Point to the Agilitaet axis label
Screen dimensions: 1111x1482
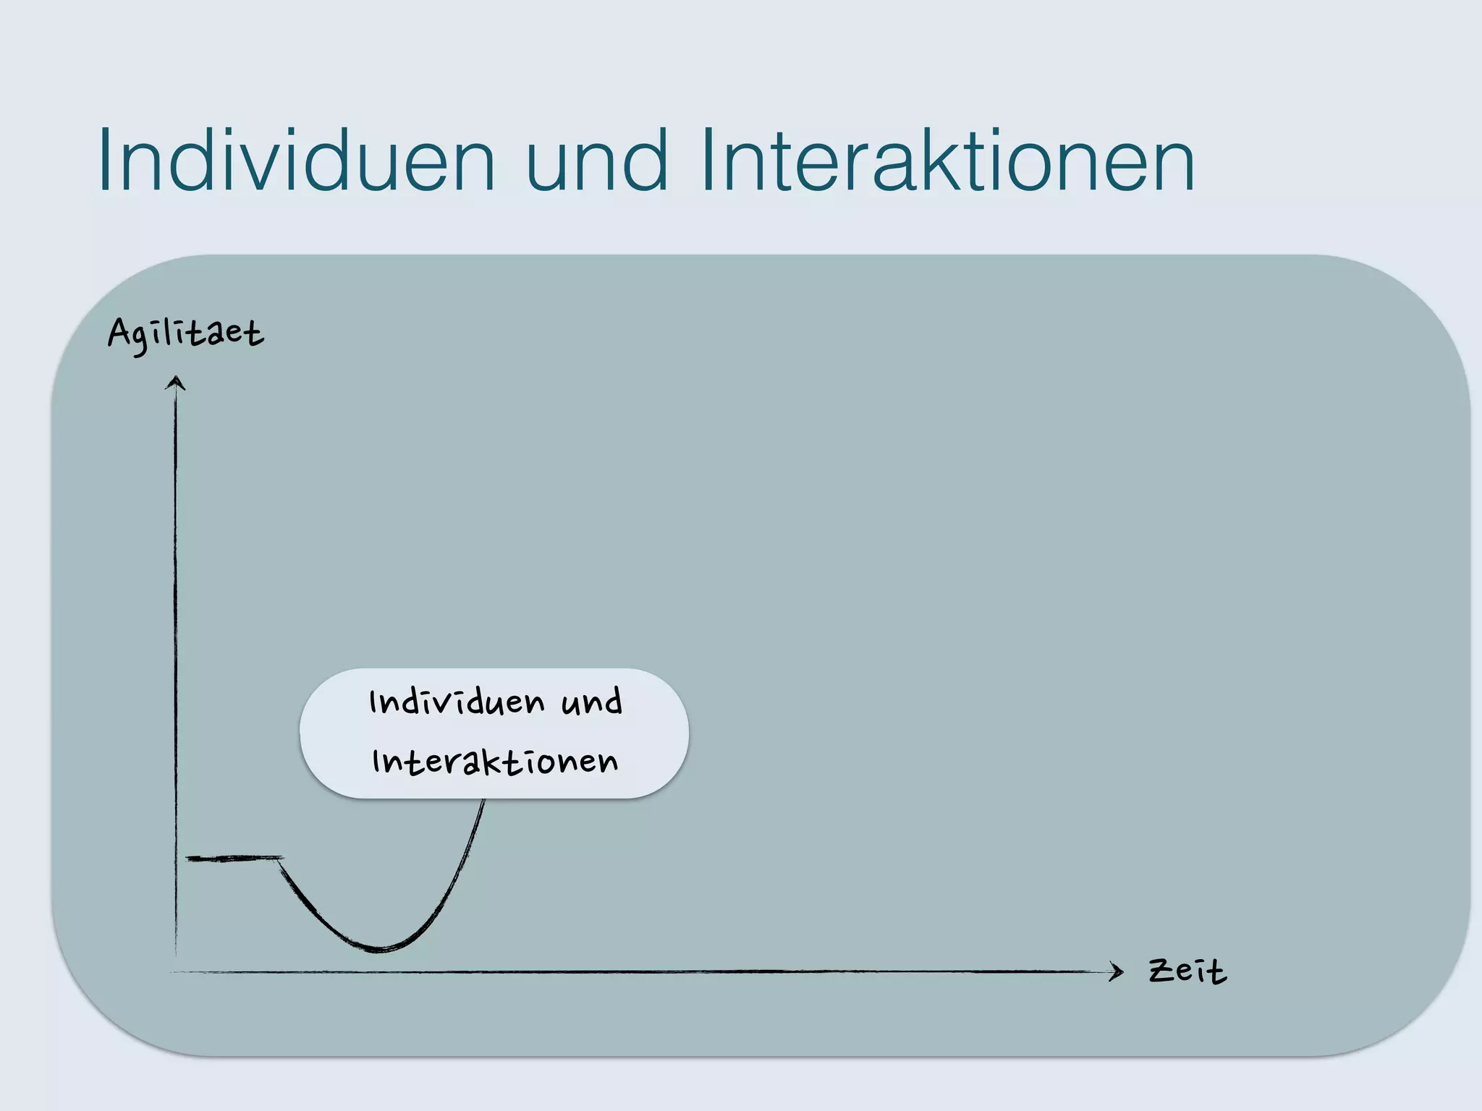coord(186,335)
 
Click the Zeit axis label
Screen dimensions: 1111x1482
coord(1187,971)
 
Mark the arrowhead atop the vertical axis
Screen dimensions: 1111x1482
coord(175,383)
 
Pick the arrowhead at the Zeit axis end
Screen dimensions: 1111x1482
coord(1117,971)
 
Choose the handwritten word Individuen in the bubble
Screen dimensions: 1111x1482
coord(457,702)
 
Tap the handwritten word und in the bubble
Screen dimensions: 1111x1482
coord(591,702)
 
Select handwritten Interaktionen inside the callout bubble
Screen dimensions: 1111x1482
coord(495,762)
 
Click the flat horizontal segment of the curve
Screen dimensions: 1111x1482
coord(233,859)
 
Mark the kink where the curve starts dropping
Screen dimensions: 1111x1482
coord(281,859)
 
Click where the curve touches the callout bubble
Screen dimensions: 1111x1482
coord(483,801)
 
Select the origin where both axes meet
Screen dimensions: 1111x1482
coord(176,971)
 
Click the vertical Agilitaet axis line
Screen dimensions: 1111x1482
coord(175,651)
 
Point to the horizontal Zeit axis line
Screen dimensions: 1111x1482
coord(651,971)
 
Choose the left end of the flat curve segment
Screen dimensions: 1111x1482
coord(188,859)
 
